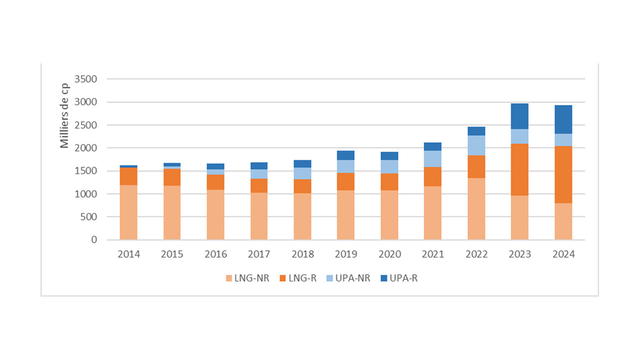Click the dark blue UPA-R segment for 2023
coord(519,116)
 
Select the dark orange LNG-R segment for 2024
coord(563,174)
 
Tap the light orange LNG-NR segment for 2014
coord(128,212)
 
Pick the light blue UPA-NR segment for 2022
coord(476,145)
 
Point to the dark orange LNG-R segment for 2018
coord(302,186)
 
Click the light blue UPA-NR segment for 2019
coord(345,166)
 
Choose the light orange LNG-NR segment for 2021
coord(432,213)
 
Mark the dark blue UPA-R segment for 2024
coord(563,119)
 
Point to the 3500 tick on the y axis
coord(85,79)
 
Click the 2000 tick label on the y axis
coord(85,148)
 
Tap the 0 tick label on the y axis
coord(94,240)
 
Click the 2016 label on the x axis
coord(215,254)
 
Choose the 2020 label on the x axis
coord(389,254)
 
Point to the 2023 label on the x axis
coord(519,254)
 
